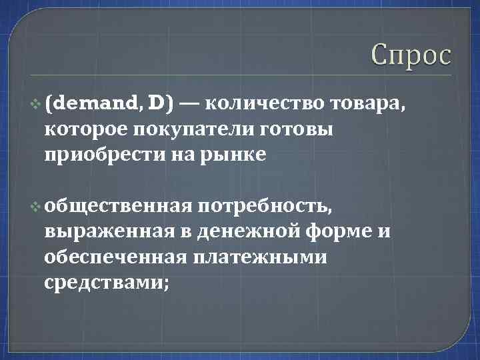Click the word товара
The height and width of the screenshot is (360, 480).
368,103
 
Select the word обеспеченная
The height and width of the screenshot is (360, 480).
111,257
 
